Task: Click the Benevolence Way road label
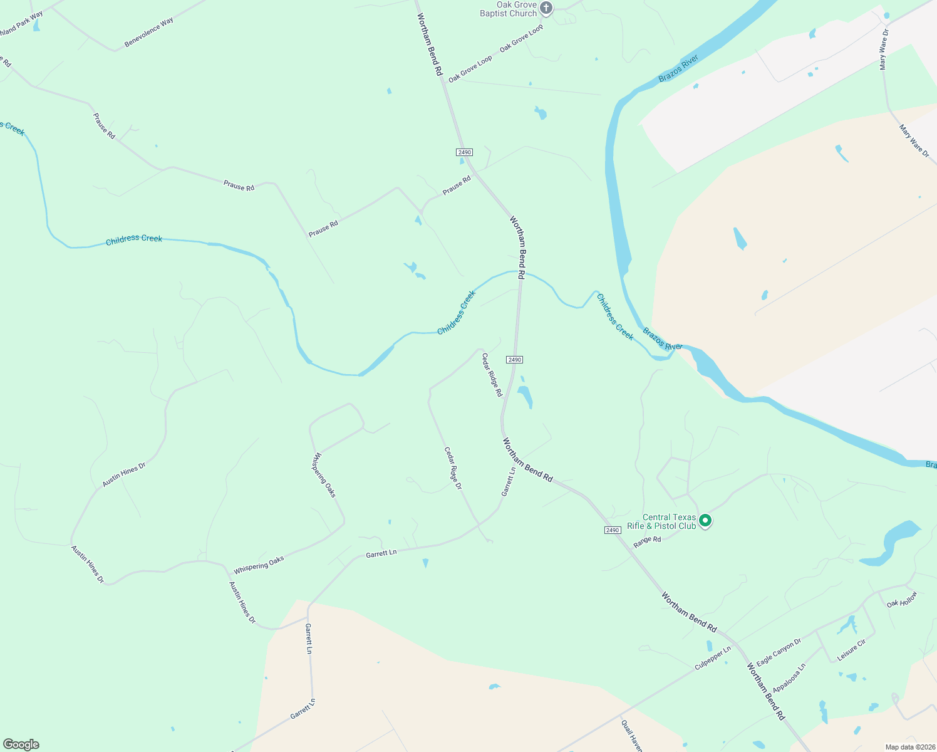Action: click(x=148, y=33)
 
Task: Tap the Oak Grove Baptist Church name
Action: click(x=509, y=9)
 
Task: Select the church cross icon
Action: click(x=547, y=8)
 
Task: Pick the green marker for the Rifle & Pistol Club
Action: click(x=705, y=520)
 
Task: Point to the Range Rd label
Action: click(x=647, y=542)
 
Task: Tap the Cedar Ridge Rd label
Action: click(x=492, y=375)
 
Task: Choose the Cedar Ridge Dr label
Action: click(x=453, y=468)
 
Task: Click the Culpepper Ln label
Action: click(x=712, y=659)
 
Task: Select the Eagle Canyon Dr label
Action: click(x=779, y=652)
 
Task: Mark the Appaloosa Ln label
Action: click(x=789, y=678)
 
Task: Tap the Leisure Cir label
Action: click(x=851, y=650)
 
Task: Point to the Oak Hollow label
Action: click(x=902, y=599)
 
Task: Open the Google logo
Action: click(x=21, y=744)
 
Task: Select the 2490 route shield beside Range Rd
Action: click(x=613, y=530)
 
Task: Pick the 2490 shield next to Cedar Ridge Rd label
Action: click(x=514, y=360)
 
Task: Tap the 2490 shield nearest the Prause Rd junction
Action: click(x=464, y=152)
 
